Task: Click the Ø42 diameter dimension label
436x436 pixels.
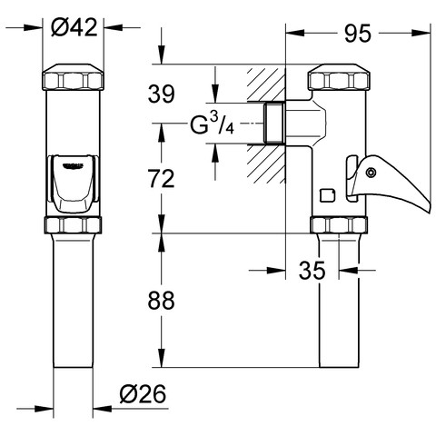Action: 74,27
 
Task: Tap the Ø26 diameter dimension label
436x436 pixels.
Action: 143,394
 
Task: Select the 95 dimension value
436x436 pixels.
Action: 358,34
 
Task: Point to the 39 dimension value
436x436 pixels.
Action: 162,94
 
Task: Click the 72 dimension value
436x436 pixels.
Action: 161,179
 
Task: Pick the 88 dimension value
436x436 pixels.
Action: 161,301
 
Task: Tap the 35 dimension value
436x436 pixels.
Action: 312,270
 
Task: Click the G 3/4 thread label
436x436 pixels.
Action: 212,124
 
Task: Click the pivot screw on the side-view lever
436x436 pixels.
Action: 371,173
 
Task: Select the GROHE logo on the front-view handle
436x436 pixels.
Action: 73,165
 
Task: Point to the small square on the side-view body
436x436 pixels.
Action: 328,194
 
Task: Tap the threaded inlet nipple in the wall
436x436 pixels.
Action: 274,123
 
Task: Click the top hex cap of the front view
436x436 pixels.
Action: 73,77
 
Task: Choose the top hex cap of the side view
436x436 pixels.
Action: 339,77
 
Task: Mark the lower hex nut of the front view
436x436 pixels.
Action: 73,224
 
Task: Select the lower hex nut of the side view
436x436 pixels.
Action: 339,224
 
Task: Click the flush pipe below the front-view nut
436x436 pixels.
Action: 73,301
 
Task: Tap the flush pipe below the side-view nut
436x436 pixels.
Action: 339,301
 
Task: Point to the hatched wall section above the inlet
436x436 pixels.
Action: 266,84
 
